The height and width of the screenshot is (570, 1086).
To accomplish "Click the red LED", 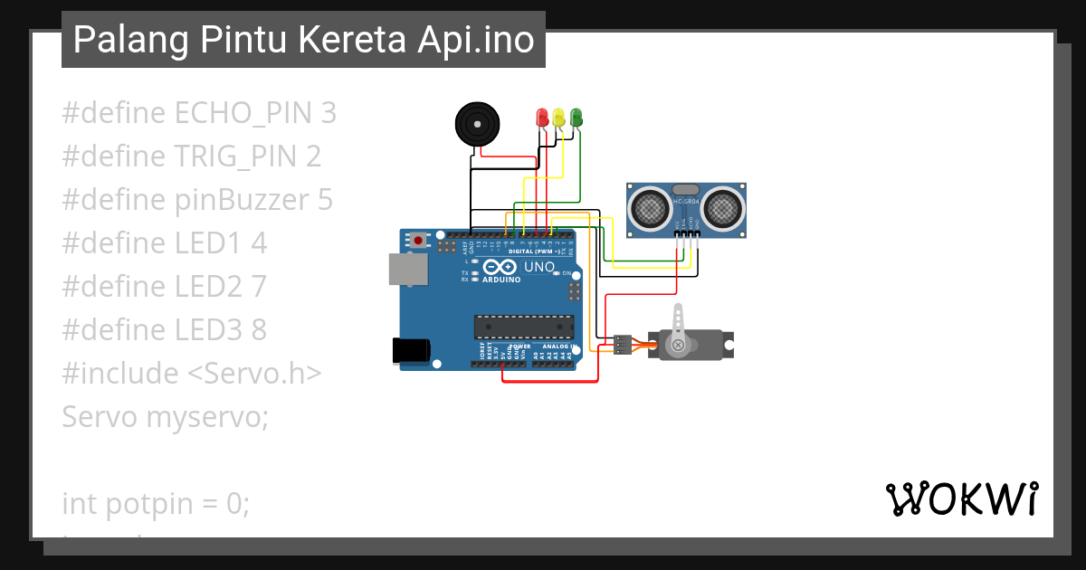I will point(542,117).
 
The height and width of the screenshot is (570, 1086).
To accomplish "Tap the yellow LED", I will point(559,117).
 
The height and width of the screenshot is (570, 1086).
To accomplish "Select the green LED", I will point(576,117).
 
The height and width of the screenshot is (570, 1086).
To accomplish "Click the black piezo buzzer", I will point(476,123).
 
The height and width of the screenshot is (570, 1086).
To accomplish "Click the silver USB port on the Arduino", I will point(409,270).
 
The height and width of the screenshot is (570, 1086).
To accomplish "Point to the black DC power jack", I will point(410,351).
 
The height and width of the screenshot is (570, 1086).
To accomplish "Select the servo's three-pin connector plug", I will point(623,345).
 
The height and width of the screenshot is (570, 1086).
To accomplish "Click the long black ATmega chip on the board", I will point(524,327).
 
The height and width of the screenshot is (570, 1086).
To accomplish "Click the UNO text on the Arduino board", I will point(539,267).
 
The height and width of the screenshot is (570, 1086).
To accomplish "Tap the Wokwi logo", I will point(962,499).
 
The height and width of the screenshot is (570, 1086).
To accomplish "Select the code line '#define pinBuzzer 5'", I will point(197,200).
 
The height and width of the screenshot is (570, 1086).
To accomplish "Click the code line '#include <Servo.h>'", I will point(192,373).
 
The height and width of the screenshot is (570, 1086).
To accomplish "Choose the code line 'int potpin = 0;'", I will point(156,503).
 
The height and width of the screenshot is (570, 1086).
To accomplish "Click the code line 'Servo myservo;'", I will point(166,417).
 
